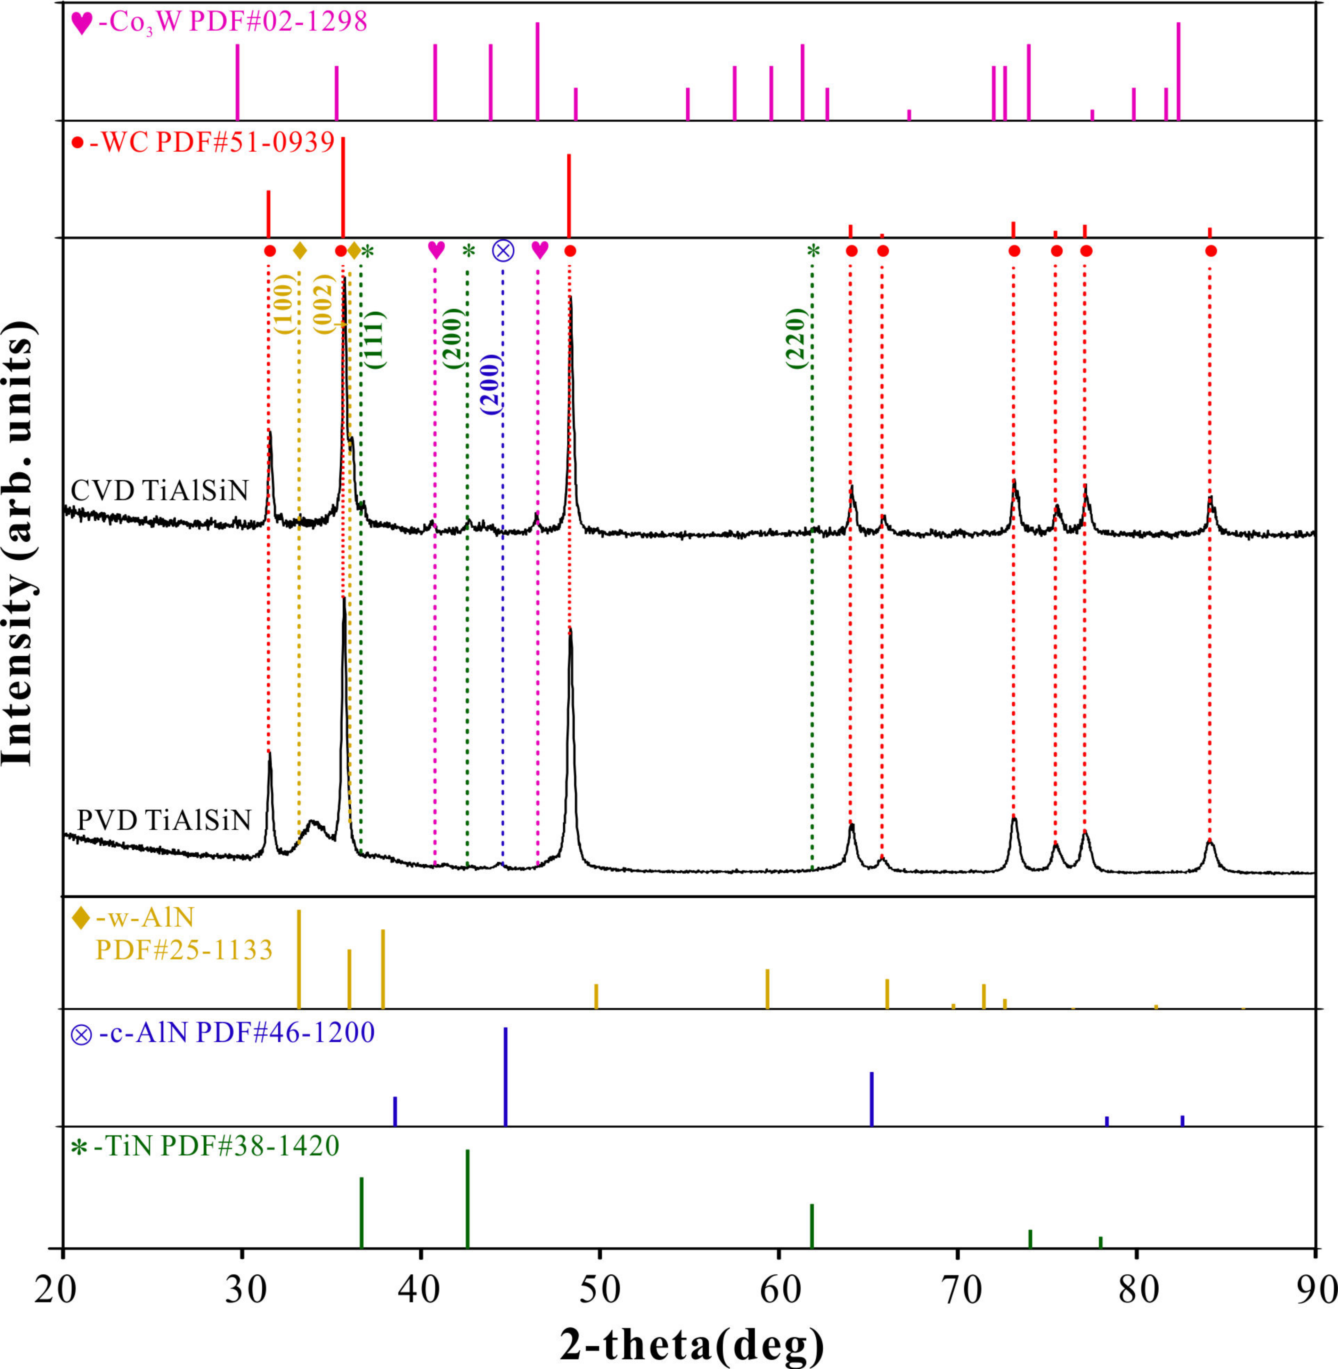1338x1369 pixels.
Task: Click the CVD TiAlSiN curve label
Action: click(160, 490)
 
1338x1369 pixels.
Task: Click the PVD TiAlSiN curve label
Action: click(163, 820)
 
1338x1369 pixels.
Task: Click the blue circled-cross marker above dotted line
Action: click(503, 250)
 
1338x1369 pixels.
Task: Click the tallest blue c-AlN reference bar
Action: click(505, 1076)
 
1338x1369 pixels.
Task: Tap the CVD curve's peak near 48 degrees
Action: click(570, 299)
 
